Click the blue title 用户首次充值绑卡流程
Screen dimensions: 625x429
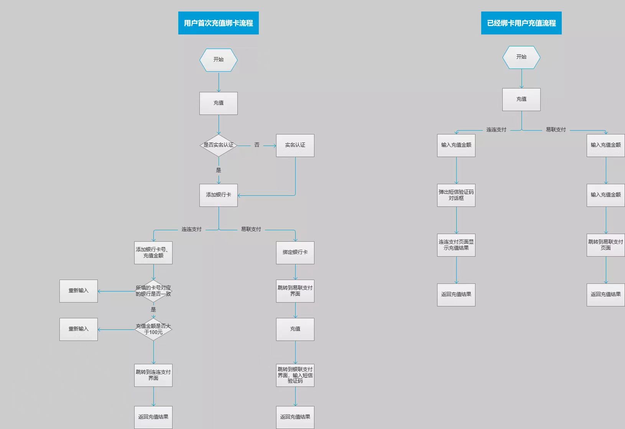click(x=219, y=23)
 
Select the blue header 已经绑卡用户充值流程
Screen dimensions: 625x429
click(x=521, y=23)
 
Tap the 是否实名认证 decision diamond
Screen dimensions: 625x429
click(x=219, y=145)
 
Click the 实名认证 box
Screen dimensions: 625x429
click(x=295, y=146)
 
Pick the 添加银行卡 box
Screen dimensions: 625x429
click(x=219, y=195)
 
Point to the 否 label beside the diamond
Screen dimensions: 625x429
click(x=257, y=145)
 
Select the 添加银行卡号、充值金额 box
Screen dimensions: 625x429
click(x=153, y=253)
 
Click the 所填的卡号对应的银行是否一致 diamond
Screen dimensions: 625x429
click(x=153, y=291)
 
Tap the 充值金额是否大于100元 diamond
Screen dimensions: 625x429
click(x=153, y=329)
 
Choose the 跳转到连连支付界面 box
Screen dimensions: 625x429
click(x=153, y=375)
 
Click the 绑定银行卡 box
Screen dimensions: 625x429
click(x=295, y=253)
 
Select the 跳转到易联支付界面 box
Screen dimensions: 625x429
click(x=295, y=291)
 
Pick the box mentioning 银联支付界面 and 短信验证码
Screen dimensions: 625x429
click(x=295, y=375)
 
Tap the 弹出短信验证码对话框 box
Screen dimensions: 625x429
click(x=456, y=195)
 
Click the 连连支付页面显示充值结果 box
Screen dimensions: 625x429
click(x=456, y=245)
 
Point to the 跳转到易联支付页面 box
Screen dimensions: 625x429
click(x=606, y=245)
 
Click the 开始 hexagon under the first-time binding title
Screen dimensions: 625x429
click(x=219, y=60)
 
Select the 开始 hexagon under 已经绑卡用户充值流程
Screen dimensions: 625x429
click(x=521, y=57)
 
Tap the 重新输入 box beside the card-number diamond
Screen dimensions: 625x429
click(x=78, y=291)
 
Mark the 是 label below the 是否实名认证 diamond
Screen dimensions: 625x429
click(x=219, y=170)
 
